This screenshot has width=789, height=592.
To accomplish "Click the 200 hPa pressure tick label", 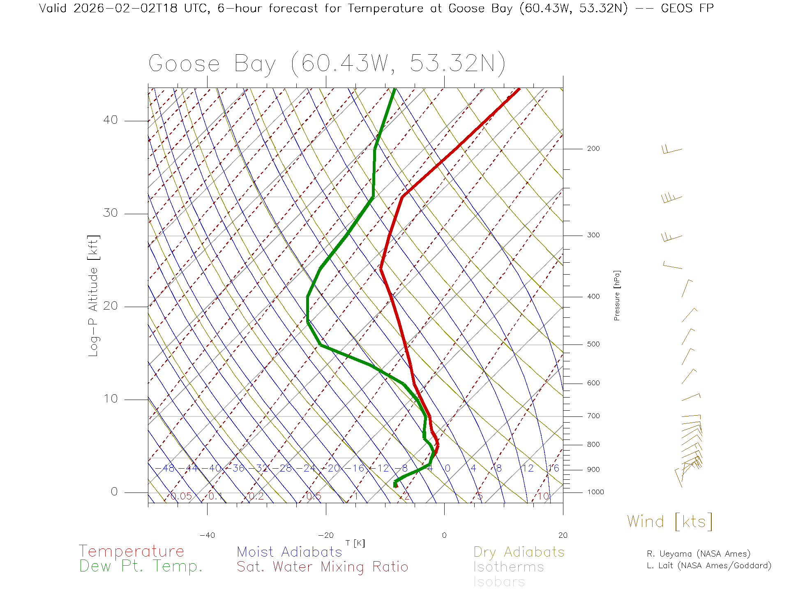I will click(593, 149).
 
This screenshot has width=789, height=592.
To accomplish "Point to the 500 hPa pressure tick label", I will click(593, 345).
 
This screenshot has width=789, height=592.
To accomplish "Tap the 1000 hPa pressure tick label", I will click(595, 492).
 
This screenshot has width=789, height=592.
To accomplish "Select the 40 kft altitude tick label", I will click(111, 120).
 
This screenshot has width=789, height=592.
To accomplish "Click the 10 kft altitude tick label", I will click(111, 399).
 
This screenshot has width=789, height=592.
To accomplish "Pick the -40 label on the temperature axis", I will click(207, 535).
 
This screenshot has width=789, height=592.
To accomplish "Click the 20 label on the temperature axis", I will click(563, 535).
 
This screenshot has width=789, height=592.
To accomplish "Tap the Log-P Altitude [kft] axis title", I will click(94, 296).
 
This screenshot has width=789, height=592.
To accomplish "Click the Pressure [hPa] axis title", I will click(617, 296).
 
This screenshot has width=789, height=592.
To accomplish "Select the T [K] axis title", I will click(355, 543).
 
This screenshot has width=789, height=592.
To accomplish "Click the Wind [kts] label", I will click(670, 522).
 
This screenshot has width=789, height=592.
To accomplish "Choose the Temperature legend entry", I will click(131, 551).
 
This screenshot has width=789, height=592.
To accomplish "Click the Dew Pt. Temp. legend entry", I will click(141, 567).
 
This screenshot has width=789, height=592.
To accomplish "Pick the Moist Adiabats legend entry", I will click(290, 552).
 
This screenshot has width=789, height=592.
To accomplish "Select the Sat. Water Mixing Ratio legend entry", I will click(323, 567).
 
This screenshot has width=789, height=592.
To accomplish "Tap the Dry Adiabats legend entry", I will click(519, 552).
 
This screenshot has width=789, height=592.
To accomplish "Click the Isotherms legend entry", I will click(509, 567).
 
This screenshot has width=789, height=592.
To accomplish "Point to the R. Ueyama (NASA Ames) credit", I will click(699, 554).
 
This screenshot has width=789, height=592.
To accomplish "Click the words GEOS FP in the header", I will click(687, 8).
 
